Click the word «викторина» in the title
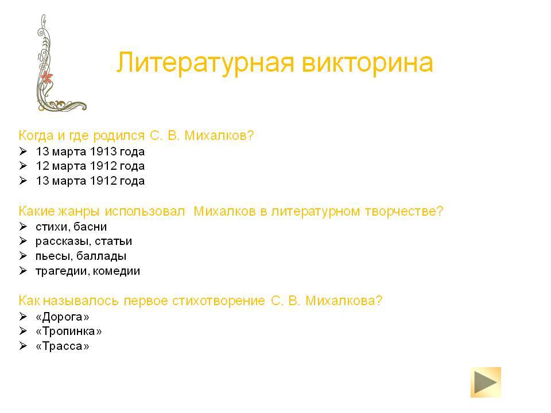[x=367, y=63]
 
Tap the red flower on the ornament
[x=46, y=76]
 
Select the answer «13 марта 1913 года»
[x=90, y=151]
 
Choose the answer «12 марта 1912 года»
[x=90, y=166]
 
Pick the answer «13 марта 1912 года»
[x=90, y=181]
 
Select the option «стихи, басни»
[x=71, y=227]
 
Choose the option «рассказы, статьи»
[x=84, y=241]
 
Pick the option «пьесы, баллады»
[x=81, y=256]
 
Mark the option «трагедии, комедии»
[x=88, y=271]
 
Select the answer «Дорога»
[x=63, y=317]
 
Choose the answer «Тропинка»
[x=69, y=332]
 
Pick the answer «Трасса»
[x=63, y=346]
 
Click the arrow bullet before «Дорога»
[x=23, y=317]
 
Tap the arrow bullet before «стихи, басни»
[x=23, y=227]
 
